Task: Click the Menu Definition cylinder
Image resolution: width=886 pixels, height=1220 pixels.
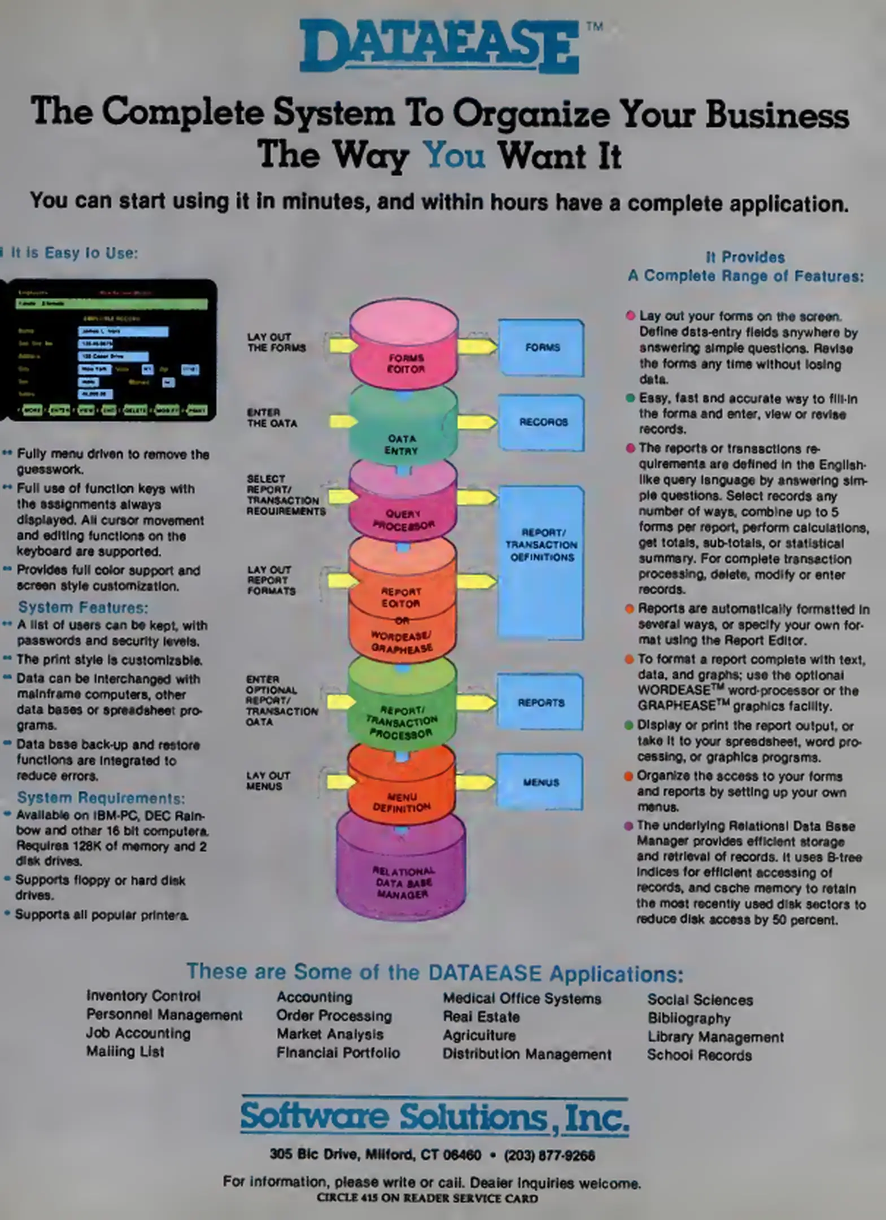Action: point(401,788)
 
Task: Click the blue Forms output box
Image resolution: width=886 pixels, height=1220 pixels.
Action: point(542,347)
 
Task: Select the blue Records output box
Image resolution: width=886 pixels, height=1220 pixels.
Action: point(542,422)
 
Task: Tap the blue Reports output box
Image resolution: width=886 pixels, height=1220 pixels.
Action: point(540,702)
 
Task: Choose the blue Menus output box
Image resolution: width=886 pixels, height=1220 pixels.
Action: point(540,782)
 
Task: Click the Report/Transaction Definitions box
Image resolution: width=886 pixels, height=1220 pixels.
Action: point(541,562)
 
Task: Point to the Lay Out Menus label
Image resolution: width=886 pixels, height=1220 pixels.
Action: point(268,781)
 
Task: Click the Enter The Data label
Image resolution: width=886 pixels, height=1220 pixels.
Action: point(271,418)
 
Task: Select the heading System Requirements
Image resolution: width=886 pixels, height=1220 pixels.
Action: point(101,798)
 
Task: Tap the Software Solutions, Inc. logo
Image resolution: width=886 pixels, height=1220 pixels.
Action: point(434,1117)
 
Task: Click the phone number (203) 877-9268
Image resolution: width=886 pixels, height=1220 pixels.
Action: point(549,1155)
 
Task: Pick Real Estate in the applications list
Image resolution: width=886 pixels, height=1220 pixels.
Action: point(481,1017)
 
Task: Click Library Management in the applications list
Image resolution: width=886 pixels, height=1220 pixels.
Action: point(715,1037)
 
